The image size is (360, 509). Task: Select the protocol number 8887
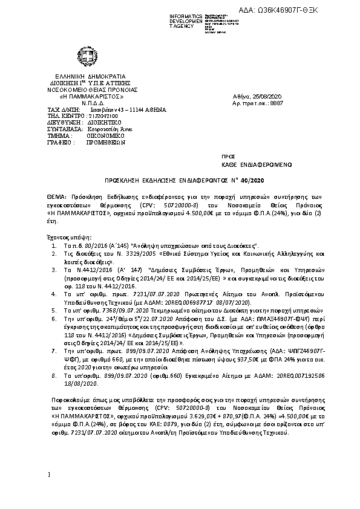coord(277,103)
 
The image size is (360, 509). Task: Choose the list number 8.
coord(54,375)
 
